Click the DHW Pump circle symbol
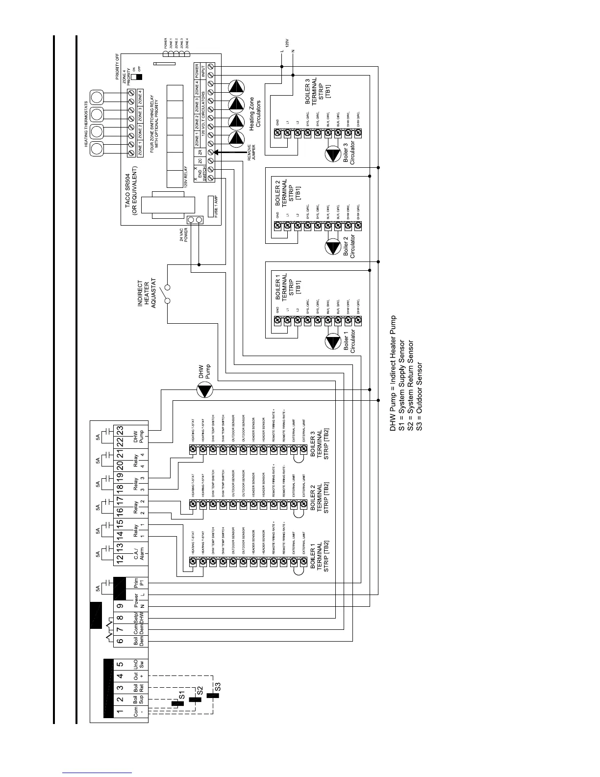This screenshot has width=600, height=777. pyautogui.click(x=205, y=391)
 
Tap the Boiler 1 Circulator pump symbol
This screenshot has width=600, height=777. pyautogui.click(x=333, y=342)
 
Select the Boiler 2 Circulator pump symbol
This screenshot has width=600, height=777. pyautogui.click(x=333, y=247)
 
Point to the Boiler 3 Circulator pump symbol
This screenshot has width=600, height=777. pyautogui.click(x=333, y=155)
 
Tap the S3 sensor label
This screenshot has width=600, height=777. pyautogui.click(x=218, y=686)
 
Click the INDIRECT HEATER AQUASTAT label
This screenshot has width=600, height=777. pyautogui.click(x=147, y=294)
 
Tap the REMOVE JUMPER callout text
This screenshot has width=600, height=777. pyautogui.click(x=251, y=153)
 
